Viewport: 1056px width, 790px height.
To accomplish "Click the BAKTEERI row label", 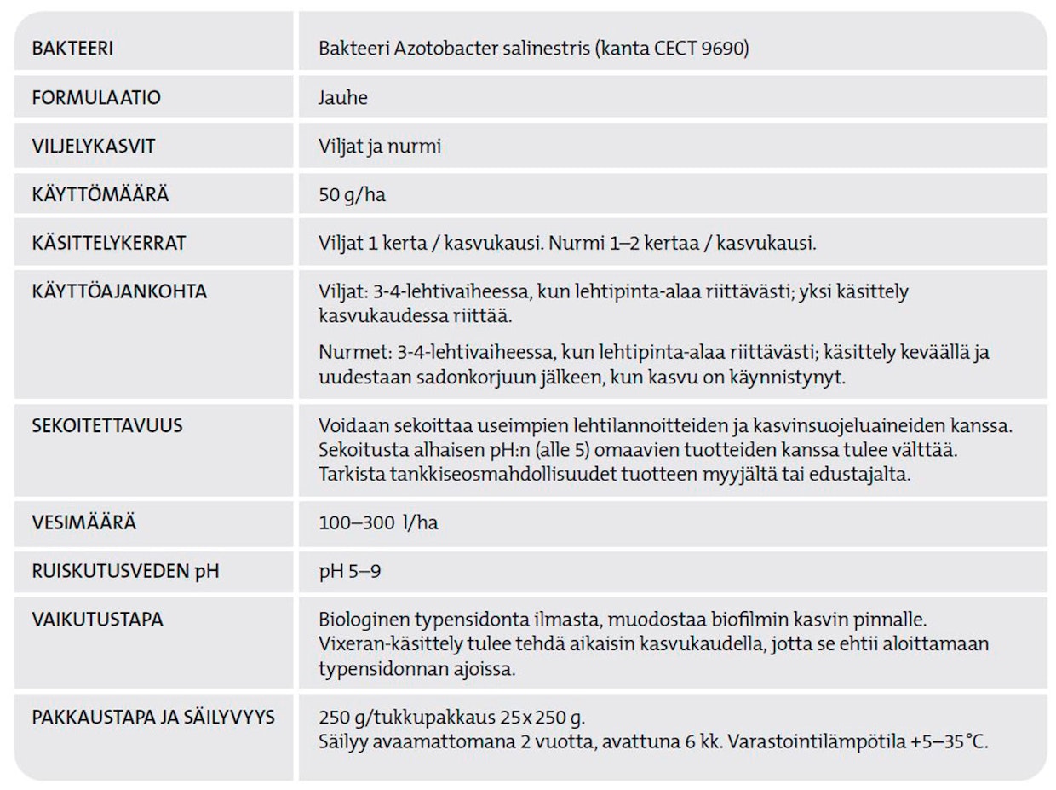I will (72, 49).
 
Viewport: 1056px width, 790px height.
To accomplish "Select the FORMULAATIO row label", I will (96, 97).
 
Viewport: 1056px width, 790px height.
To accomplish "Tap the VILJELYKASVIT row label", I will (94, 146).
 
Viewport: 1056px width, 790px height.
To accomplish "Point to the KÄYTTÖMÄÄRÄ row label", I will (100, 194).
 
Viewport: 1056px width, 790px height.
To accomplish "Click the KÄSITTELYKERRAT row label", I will (109, 243).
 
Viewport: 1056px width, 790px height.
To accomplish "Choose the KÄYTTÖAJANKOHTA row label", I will (119, 291).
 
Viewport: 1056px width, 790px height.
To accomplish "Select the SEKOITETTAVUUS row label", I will (107, 425).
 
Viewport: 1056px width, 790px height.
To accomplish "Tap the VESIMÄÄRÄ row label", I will (84, 522).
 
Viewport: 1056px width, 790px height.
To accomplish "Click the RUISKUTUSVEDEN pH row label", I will (125, 571).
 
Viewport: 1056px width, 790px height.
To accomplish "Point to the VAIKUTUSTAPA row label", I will (97, 620).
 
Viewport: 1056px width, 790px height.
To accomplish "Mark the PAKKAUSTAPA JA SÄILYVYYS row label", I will (153, 718).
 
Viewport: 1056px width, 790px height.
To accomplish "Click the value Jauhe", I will (343, 97).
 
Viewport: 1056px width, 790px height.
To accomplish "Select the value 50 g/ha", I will (352, 195).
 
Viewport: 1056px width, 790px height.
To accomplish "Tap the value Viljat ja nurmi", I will (380, 146).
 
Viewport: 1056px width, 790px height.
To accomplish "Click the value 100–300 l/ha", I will (378, 522).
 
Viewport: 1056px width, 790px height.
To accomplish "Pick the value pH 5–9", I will (350, 571).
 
